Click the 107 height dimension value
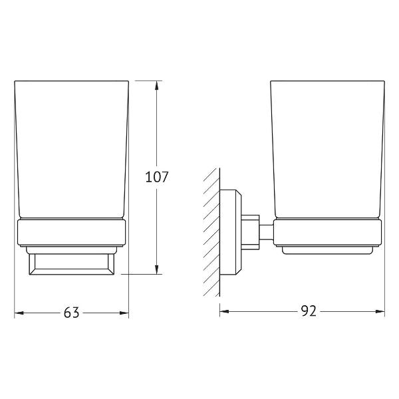click(x=157, y=177)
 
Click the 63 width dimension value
click(x=72, y=313)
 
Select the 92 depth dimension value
click(x=309, y=311)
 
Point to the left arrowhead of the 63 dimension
click(x=19, y=313)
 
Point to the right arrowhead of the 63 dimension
click(x=124, y=313)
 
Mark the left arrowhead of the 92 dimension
click(x=224, y=311)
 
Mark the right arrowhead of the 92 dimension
click(x=380, y=311)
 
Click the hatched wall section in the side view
click(x=211, y=232)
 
